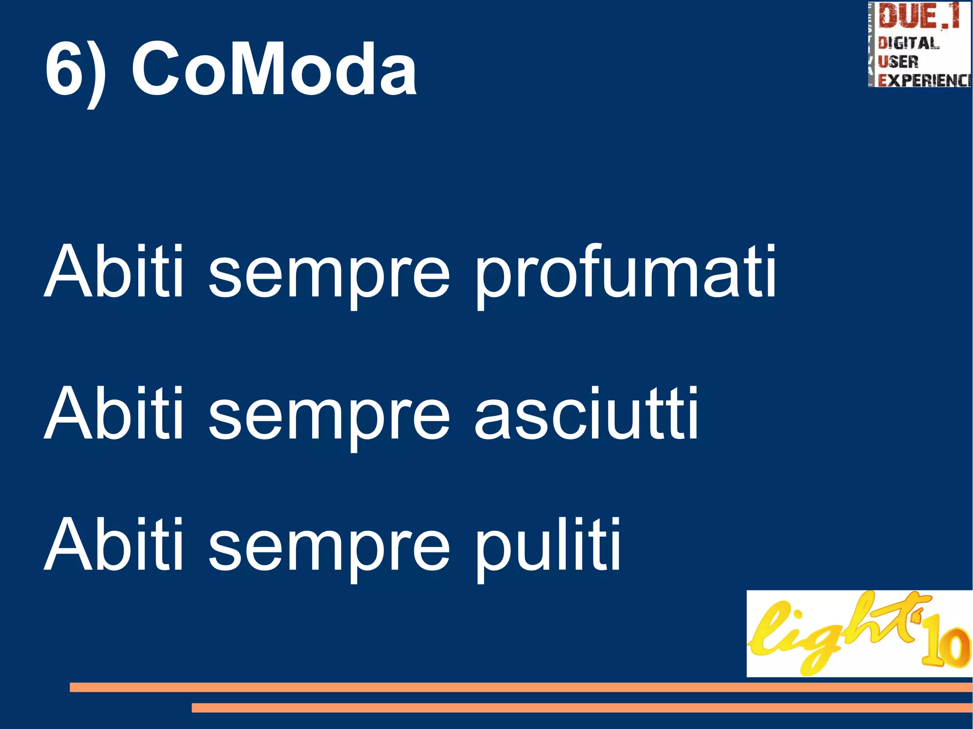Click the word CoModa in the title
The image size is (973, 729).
click(x=274, y=69)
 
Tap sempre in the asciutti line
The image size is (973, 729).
click(x=329, y=420)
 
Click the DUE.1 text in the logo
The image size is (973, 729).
click(x=918, y=17)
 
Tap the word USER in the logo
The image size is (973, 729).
click(x=898, y=62)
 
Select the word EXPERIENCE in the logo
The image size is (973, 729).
click(x=924, y=80)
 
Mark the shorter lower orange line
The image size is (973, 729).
click(x=582, y=708)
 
